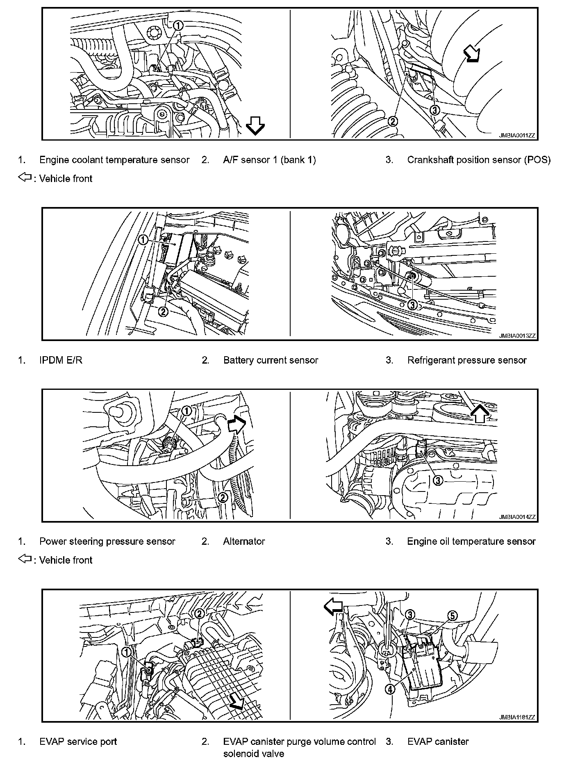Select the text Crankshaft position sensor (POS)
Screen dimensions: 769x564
click(479, 160)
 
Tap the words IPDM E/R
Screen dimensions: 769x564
click(61, 360)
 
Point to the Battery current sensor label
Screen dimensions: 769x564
click(271, 360)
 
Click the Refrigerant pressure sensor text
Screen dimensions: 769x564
click(467, 360)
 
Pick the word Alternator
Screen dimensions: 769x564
click(244, 541)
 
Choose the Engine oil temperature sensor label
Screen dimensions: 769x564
click(471, 541)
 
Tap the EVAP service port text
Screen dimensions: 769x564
click(78, 742)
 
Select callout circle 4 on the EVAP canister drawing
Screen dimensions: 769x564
click(390, 689)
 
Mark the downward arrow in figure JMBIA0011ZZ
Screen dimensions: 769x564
click(255, 125)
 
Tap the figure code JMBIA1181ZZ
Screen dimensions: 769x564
click(517, 717)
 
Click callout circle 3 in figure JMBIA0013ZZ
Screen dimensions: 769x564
click(413, 305)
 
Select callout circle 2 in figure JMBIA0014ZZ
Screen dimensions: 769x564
click(223, 498)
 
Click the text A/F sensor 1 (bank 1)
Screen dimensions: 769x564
click(269, 160)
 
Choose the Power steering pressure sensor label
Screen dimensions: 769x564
click(107, 541)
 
